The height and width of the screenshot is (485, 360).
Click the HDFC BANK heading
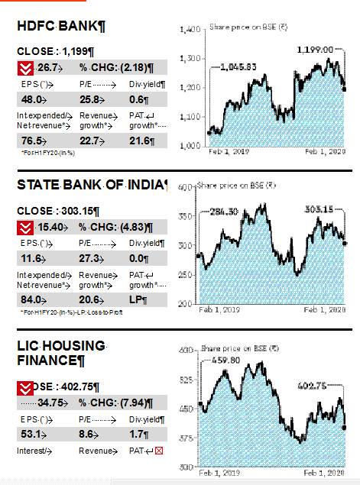click(x=61, y=26)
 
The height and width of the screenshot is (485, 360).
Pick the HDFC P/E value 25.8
click(x=90, y=99)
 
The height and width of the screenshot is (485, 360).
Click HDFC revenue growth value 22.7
click(x=90, y=141)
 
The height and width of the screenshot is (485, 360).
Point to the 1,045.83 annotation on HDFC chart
click(x=237, y=67)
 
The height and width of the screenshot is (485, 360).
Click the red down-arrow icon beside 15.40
click(x=26, y=227)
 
